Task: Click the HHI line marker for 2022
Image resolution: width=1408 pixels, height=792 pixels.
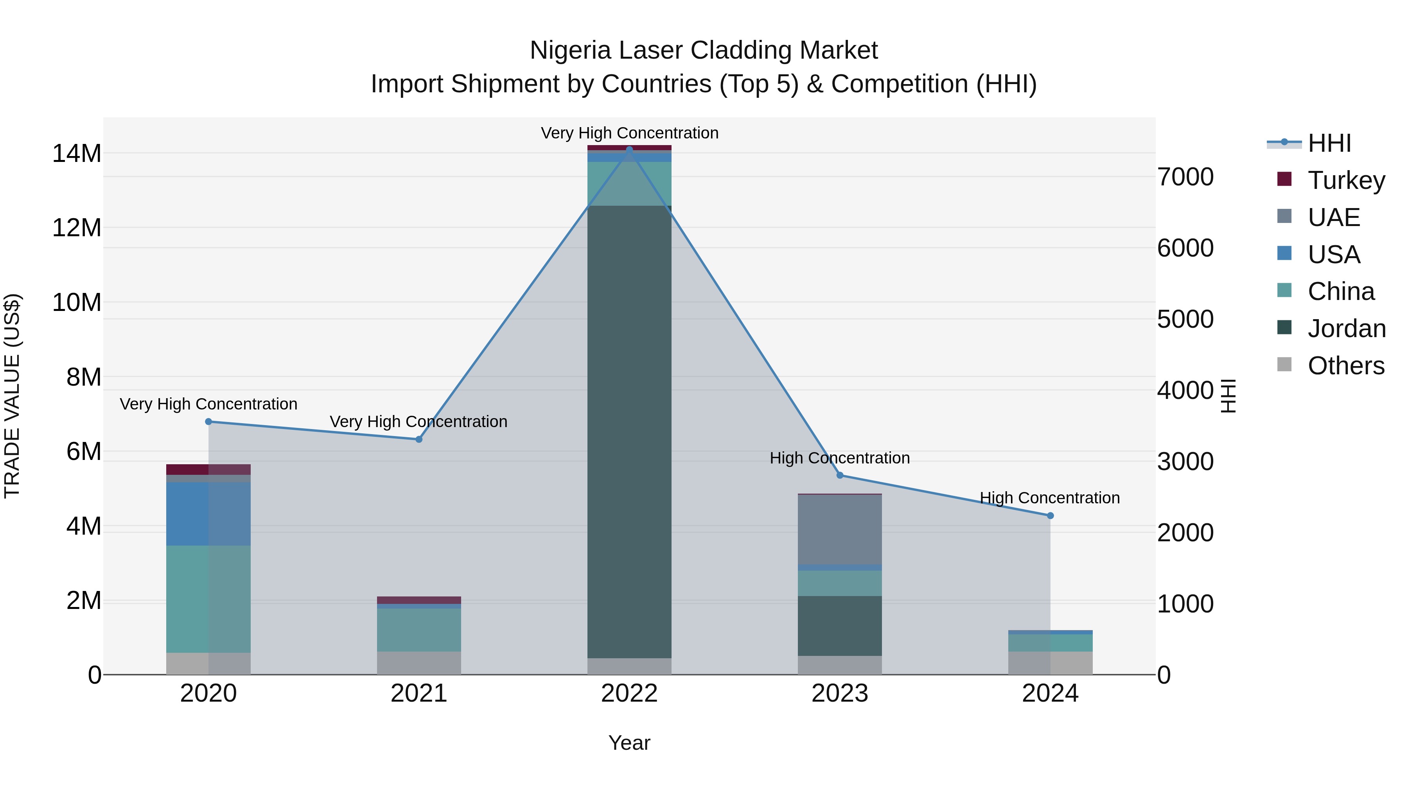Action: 629,149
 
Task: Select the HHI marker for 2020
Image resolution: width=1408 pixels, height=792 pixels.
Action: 208,421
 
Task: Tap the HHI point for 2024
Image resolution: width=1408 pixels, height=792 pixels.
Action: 1050,515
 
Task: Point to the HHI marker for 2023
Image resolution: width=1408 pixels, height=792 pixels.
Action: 840,475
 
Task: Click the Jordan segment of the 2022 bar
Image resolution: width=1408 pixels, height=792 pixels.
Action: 629,432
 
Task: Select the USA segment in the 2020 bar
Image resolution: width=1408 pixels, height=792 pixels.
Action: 208,514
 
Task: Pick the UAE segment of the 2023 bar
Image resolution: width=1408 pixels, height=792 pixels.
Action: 840,529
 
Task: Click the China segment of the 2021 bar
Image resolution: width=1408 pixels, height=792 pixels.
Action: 418,630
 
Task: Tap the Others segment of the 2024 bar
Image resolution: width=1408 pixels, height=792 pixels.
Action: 1050,663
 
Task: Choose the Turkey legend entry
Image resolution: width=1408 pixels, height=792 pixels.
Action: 1346,180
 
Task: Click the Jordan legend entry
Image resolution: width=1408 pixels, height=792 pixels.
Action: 1346,329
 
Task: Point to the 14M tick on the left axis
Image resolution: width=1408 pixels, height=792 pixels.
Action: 77,154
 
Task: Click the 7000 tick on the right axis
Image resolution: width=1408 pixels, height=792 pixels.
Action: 1185,177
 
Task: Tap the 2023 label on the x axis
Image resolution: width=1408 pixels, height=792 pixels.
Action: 840,693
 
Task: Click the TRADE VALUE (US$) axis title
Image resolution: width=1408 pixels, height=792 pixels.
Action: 13,396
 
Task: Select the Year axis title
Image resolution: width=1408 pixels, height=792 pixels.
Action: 629,743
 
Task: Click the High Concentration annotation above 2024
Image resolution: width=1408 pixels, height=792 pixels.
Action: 1049,498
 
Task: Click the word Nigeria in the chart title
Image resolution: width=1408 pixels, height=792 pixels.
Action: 570,50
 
